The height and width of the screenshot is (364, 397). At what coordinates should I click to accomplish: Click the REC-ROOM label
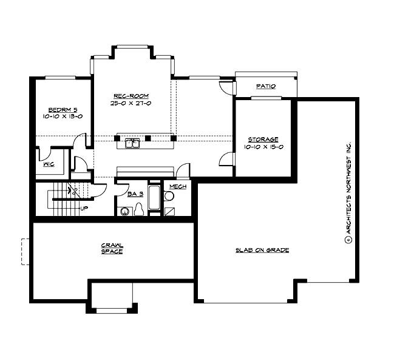pyautogui.click(x=131, y=96)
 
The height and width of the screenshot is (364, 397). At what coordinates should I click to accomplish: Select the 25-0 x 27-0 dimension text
pyautogui.click(x=131, y=104)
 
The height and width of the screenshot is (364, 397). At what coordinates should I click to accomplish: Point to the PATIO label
pyautogui.click(x=266, y=87)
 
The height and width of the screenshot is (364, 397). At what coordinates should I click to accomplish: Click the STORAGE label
pyautogui.click(x=263, y=140)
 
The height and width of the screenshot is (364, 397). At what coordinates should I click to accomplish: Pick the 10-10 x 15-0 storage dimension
pyautogui.click(x=263, y=147)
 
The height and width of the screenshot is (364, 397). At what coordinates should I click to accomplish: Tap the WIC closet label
pyautogui.click(x=47, y=164)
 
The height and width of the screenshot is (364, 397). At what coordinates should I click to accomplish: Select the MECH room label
pyautogui.click(x=177, y=186)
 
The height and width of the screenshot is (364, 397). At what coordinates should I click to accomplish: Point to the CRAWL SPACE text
pyautogui.click(x=112, y=248)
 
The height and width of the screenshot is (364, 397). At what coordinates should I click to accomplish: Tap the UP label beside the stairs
pyautogui.click(x=84, y=208)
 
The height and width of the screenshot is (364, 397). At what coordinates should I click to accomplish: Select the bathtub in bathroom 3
pyautogui.click(x=155, y=198)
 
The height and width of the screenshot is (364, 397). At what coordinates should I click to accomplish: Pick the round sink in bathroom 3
pyautogui.click(x=125, y=211)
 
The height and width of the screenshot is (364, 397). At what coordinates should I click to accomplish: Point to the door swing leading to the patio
pyautogui.click(x=226, y=88)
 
